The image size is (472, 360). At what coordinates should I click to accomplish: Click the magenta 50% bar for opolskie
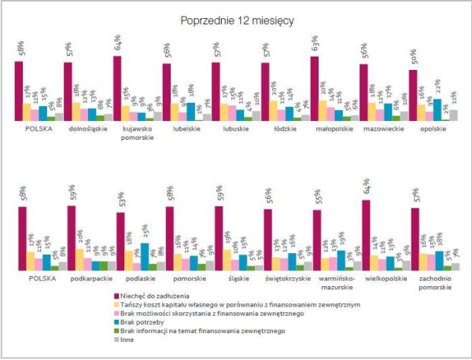point(413,95)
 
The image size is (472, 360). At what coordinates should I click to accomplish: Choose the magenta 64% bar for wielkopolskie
point(364,236)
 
